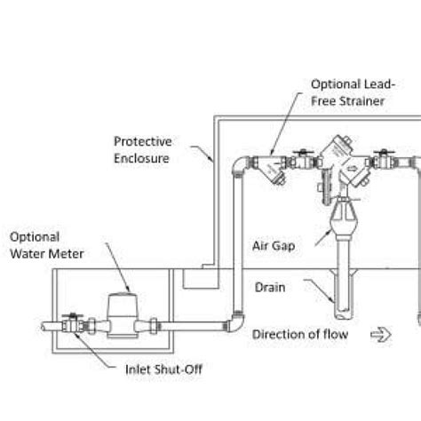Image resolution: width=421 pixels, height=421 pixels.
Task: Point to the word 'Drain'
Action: [x=269, y=288]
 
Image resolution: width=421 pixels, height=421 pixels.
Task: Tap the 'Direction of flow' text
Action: [x=298, y=334]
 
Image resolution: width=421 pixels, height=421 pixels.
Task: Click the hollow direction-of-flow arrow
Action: [x=379, y=334]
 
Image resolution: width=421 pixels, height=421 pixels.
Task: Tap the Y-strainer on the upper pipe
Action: [x=273, y=167]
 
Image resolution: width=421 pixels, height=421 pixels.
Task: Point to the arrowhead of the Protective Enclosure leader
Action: [x=211, y=163]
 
